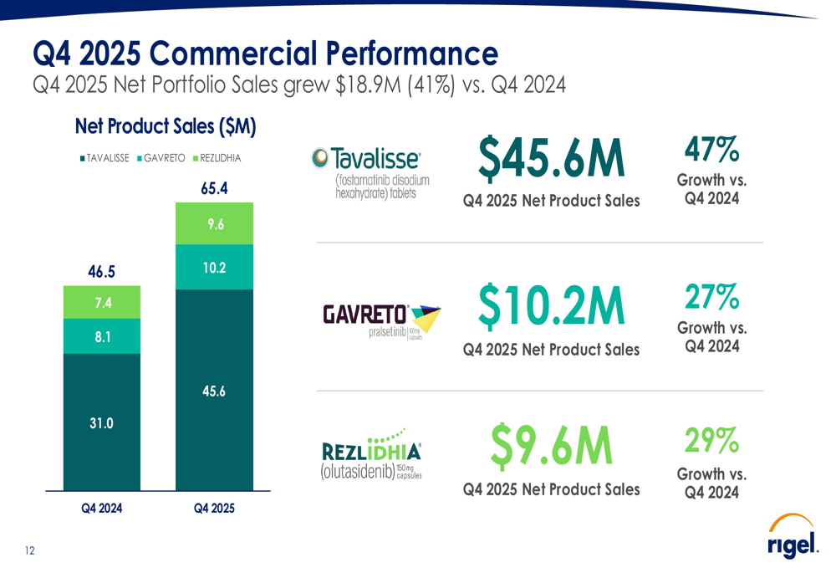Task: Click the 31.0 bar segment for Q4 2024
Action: click(x=102, y=422)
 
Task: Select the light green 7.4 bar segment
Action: click(x=102, y=302)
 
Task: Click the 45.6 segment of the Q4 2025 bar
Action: click(x=214, y=390)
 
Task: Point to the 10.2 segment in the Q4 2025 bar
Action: click(x=214, y=268)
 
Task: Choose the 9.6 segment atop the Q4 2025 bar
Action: click(x=214, y=224)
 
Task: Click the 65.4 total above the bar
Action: click(x=214, y=189)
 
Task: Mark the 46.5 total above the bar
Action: click(x=102, y=272)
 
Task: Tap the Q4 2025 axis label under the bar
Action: click(x=214, y=508)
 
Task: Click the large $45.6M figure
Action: click(x=551, y=159)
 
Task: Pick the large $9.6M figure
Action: click(x=551, y=445)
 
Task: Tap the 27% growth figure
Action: click(x=711, y=296)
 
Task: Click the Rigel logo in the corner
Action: click(x=792, y=540)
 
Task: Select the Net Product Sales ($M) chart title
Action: click(x=165, y=126)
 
